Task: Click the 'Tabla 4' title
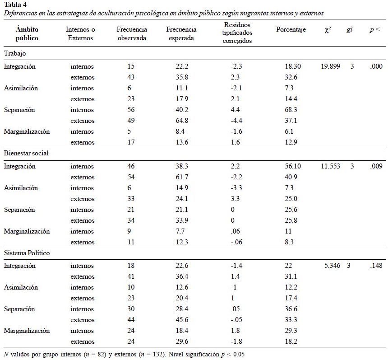(x=15, y=5)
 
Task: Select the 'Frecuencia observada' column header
(x=132, y=34)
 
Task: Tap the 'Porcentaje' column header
(x=291, y=29)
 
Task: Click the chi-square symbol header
(x=328, y=30)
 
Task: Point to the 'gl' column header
(x=349, y=30)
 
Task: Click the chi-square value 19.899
(x=330, y=66)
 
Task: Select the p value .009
(x=376, y=166)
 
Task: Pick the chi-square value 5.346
(x=333, y=266)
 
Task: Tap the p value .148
(x=376, y=266)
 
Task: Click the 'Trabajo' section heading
(x=15, y=53)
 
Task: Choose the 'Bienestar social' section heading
(x=26, y=153)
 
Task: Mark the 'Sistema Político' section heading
(x=27, y=253)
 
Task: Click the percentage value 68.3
(x=291, y=110)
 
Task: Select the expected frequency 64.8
(x=182, y=121)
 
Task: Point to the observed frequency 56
(x=131, y=110)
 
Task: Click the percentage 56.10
(x=293, y=166)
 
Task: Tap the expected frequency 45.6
(x=182, y=320)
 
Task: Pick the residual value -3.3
(x=236, y=188)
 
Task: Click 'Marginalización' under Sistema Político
(x=27, y=331)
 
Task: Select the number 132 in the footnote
(x=157, y=354)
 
